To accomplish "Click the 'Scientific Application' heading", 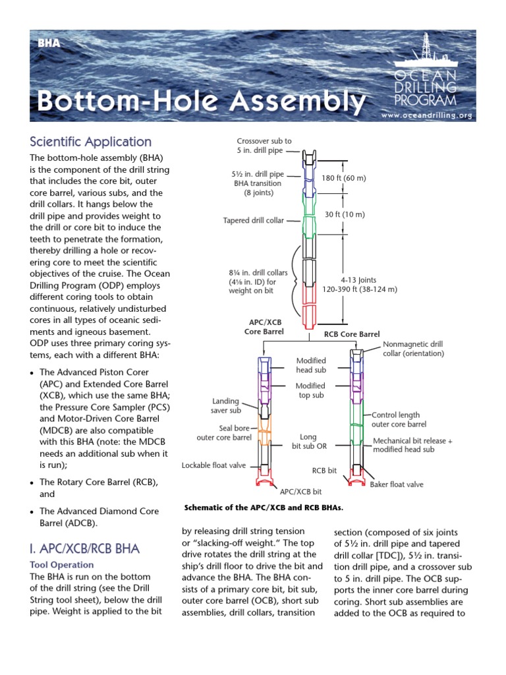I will tap(91, 142).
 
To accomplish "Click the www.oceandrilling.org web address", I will tap(427, 115).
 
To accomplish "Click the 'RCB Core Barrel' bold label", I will tap(352, 334).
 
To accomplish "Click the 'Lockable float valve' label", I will tap(213, 465).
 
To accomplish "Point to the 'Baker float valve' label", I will tap(396, 484).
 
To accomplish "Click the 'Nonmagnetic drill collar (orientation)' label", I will tap(413, 349).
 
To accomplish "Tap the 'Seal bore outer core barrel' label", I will tap(224, 432).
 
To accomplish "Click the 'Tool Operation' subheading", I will tap(63, 565).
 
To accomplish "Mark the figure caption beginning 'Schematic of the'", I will tap(264, 508).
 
